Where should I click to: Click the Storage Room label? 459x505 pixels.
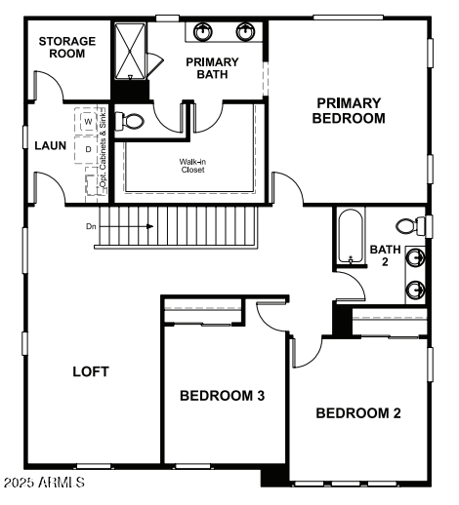click(x=67, y=47)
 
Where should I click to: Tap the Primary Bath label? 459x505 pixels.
click(x=212, y=67)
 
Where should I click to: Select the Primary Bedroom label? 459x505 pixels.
click(x=349, y=110)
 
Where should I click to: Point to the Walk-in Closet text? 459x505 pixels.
click(x=191, y=166)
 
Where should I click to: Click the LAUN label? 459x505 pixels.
click(x=50, y=145)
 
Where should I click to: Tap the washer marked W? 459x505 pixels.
click(x=90, y=121)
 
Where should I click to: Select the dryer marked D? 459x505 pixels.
click(x=90, y=149)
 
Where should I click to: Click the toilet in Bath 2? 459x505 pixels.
click(x=424, y=225)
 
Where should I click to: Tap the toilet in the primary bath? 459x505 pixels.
click(x=130, y=121)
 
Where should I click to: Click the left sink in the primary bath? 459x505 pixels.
click(x=203, y=31)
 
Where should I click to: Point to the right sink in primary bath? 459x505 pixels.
click(x=244, y=31)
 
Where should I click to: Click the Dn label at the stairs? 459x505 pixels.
click(x=91, y=226)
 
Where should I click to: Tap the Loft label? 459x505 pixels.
click(x=91, y=371)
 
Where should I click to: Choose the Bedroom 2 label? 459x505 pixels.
click(x=358, y=412)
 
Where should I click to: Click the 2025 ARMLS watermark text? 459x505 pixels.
click(x=44, y=483)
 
